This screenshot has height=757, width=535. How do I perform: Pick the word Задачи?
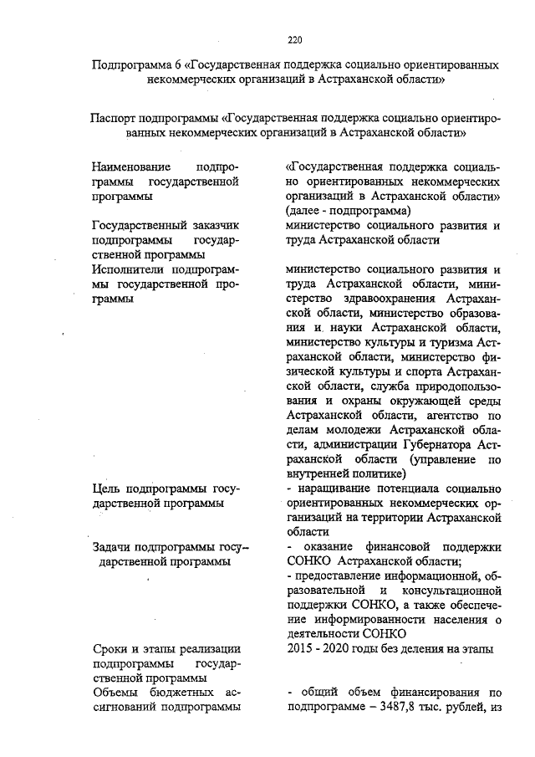click(x=115, y=547)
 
